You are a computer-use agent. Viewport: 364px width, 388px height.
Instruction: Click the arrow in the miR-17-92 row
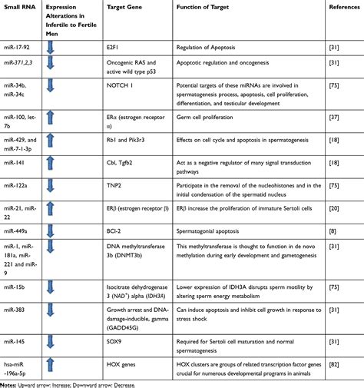coord(50,46)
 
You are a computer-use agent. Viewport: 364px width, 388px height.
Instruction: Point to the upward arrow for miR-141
coord(50,163)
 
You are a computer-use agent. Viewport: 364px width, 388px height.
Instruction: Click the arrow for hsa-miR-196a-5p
coord(50,361)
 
